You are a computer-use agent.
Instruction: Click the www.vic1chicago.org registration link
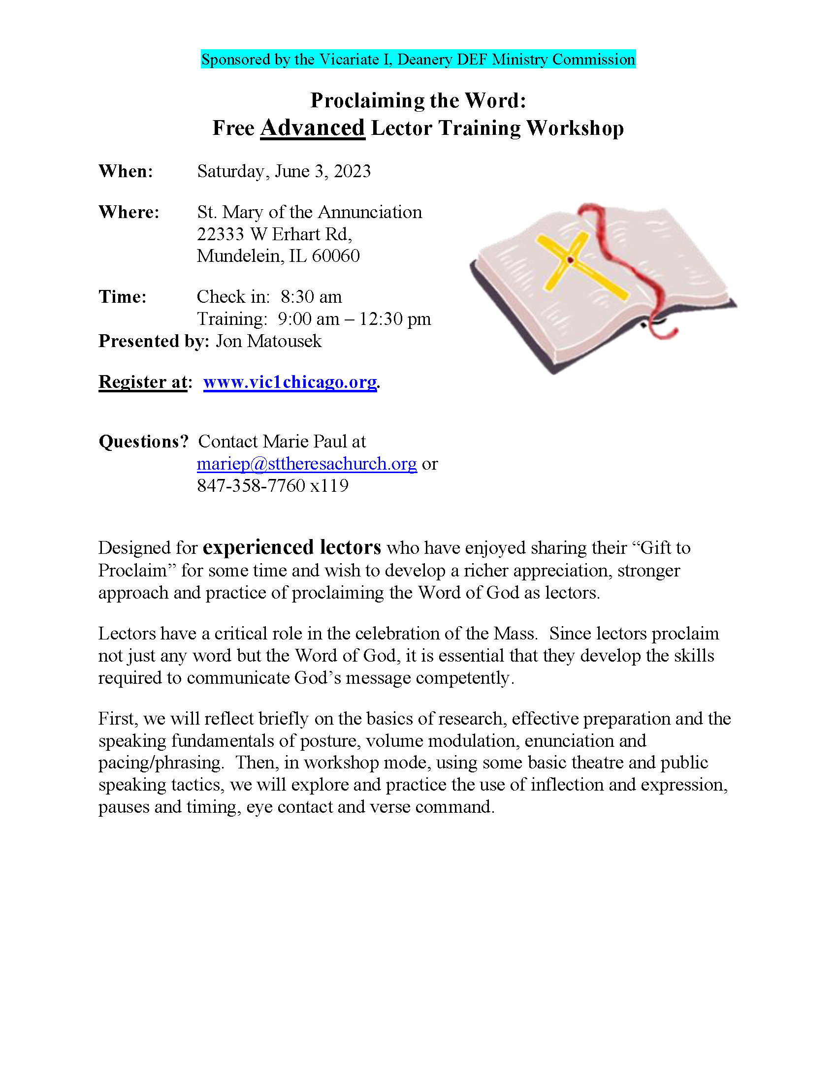coord(290,382)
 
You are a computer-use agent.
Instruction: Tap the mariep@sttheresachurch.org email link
coord(306,464)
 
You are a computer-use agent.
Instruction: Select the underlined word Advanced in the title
coord(312,128)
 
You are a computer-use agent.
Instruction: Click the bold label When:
coord(126,171)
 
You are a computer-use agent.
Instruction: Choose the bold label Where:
coord(129,212)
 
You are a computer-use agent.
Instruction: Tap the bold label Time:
coord(123,296)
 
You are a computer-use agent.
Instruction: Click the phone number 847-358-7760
coord(252,486)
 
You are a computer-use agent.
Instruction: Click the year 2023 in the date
coord(352,171)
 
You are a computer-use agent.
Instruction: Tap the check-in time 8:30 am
coord(311,296)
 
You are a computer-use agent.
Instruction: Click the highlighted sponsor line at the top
coord(418,60)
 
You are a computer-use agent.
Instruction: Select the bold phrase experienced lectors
coord(292,547)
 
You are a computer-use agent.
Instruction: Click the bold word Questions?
coord(144,442)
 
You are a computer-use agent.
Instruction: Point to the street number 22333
coord(221,234)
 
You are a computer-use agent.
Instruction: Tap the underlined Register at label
coord(143,382)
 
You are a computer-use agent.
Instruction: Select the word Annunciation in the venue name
coord(369,212)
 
